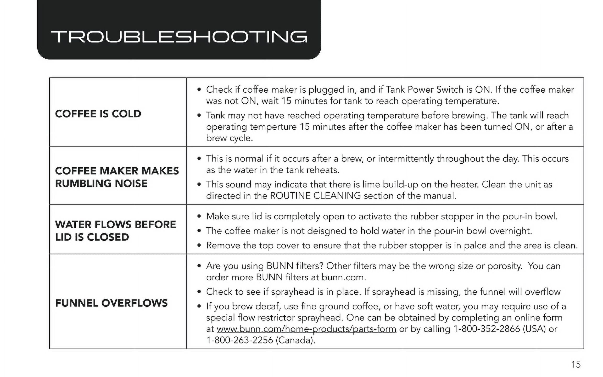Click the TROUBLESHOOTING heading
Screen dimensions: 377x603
179,37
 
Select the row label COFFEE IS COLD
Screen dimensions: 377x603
98,114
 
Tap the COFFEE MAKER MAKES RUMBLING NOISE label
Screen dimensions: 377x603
117,177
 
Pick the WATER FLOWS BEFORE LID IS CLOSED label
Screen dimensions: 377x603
115,231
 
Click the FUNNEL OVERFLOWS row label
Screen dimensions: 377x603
111,303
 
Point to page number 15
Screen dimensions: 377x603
576,364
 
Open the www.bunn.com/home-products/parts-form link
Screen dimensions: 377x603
306,329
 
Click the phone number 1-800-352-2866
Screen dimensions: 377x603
486,329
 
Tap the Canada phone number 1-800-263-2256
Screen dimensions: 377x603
239,340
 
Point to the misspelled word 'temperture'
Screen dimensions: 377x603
273,127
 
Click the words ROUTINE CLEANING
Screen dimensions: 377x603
315,196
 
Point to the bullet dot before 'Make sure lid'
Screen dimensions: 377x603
199,217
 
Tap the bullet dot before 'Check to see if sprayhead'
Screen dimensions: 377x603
199,292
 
